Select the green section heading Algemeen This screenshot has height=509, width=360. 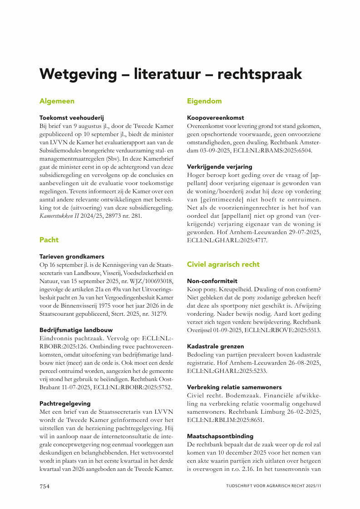click(x=57, y=101)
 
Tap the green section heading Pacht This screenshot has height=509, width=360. click(x=49, y=240)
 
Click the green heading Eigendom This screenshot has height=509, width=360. click(x=204, y=101)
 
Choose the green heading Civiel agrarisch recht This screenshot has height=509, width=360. click(x=223, y=264)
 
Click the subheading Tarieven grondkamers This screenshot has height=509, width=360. click(x=72, y=256)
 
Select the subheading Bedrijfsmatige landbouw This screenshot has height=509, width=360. click(x=76, y=330)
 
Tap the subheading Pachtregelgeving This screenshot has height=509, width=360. click(x=65, y=403)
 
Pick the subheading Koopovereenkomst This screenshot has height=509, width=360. click(x=216, y=117)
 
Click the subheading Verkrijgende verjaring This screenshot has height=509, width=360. click(x=220, y=166)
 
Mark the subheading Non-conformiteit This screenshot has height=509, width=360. click(x=212, y=281)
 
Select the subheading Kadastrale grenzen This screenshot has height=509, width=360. click(x=216, y=346)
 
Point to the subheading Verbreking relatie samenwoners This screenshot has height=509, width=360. click(x=234, y=387)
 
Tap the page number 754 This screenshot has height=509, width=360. click(x=44, y=486)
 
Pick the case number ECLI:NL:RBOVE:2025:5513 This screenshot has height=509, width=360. click(x=282, y=330)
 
